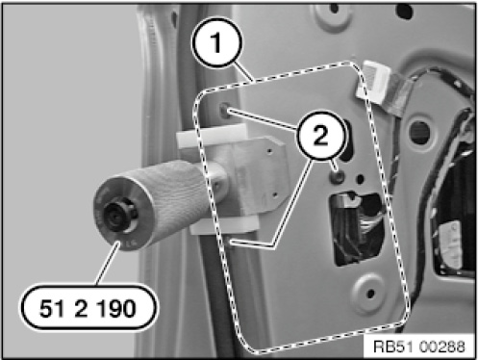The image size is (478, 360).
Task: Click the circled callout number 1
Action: coord(216,42)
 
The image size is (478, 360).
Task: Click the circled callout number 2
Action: coord(321,135)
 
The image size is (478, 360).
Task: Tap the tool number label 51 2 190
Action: coord(88,308)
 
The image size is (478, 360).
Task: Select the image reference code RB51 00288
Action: coord(419,347)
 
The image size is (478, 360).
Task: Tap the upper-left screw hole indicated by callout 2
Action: coord(225,110)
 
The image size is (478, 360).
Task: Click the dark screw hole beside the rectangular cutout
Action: coord(338,176)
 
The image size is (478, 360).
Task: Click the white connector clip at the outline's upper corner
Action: coord(372,81)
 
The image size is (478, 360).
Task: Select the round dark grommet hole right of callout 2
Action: coord(419,131)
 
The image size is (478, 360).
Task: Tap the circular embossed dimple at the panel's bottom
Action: coord(369,293)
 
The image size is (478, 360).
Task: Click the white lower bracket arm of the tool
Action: coord(224,225)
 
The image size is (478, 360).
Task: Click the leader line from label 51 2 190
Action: coord(108,263)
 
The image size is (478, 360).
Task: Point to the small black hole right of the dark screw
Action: coord(361,178)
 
